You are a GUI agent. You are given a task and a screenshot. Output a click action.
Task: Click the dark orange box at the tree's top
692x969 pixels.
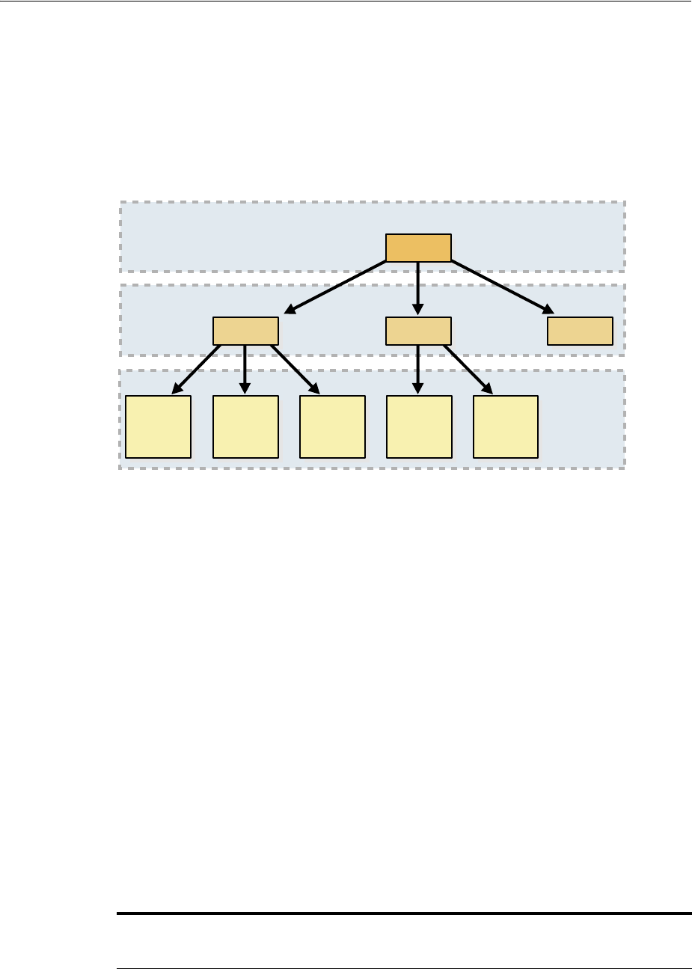(x=418, y=248)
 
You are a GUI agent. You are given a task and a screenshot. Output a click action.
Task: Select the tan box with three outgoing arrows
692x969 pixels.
(x=245, y=331)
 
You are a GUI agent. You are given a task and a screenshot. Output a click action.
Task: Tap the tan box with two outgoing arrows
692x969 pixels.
(x=418, y=331)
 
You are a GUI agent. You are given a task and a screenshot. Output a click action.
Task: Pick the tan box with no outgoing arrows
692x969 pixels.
(x=580, y=331)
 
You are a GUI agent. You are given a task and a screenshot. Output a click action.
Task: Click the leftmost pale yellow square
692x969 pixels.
(x=158, y=427)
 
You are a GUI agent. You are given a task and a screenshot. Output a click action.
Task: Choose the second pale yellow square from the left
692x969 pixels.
(x=245, y=427)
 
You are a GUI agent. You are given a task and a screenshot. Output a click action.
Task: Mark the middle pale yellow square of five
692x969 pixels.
(x=332, y=427)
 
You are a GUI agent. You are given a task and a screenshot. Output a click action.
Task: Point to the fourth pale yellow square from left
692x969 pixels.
(x=419, y=427)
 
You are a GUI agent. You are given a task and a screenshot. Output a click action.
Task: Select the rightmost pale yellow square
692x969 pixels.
(x=506, y=427)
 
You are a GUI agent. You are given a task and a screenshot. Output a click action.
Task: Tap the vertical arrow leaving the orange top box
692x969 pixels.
(x=418, y=288)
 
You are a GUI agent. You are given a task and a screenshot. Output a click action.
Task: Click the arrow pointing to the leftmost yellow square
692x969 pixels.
(x=196, y=369)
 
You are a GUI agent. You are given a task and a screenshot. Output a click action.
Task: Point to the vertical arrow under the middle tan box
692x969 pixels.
(x=418, y=369)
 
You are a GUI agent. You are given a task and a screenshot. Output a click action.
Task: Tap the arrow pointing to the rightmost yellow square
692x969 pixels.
(x=468, y=369)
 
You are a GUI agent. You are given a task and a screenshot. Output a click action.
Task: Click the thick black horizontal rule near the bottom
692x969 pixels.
(x=404, y=914)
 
